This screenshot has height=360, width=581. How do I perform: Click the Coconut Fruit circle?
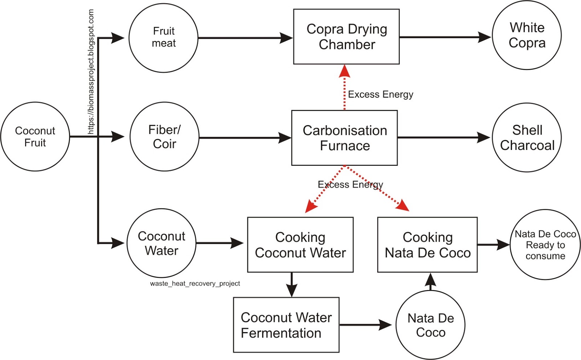click(35, 136)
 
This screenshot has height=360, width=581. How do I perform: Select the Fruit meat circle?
click(163, 37)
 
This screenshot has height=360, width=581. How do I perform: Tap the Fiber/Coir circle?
click(164, 137)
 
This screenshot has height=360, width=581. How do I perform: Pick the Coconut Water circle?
click(162, 243)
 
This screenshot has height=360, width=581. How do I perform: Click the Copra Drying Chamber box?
click(346, 37)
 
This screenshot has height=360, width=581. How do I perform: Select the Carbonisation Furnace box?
click(344, 138)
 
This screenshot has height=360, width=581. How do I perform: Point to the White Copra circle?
click(527, 35)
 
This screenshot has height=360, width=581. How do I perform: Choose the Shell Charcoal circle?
click(527, 138)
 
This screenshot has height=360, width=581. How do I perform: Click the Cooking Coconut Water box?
click(300, 245)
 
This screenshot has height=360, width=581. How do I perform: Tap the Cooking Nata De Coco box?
click(427, 245)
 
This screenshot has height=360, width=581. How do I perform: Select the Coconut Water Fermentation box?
click(286, 325)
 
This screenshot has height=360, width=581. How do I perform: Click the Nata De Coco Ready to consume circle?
click(545, 245)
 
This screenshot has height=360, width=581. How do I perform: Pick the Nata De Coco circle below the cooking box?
click(430, 325)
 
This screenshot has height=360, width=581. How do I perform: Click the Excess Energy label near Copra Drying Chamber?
click(380, 95)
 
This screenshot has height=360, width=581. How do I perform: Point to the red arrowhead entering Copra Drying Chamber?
click(344, 71)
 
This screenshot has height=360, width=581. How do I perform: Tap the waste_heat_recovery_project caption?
click(195, 283)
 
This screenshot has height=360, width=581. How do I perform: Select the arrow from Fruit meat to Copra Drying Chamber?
click(245, 38)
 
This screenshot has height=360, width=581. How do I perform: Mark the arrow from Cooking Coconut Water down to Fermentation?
click(292, 285)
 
